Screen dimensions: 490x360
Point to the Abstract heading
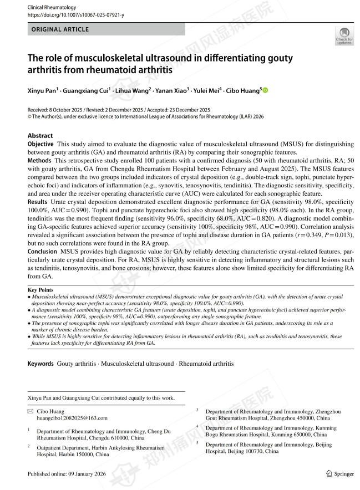click(40, 135)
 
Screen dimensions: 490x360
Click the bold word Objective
click(40, 144)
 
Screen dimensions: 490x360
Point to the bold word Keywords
click(42, 364)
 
